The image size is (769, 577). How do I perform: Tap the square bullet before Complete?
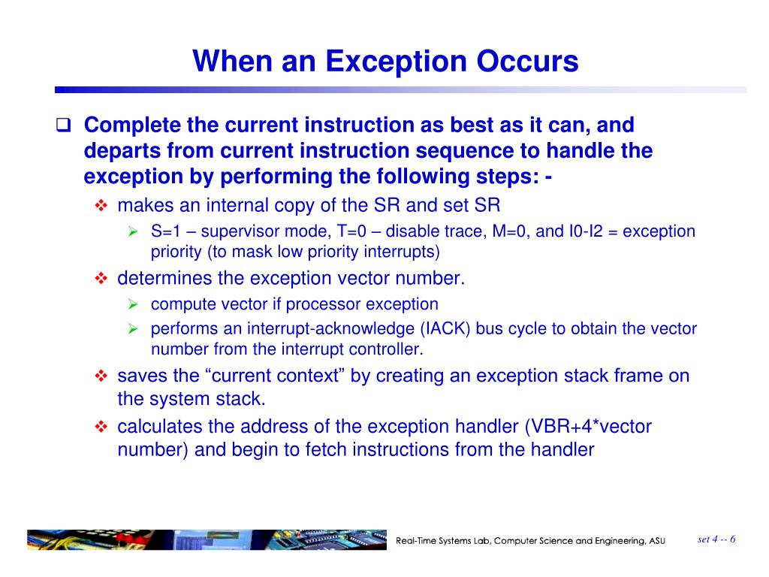(65, 125)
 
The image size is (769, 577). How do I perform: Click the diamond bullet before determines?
(102, 279)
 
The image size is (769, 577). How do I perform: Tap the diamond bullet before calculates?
(102, 427)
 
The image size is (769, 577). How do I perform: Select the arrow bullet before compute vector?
(133, 304)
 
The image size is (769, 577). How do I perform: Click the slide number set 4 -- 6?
(716, 539)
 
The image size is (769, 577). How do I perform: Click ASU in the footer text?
(656, 541)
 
